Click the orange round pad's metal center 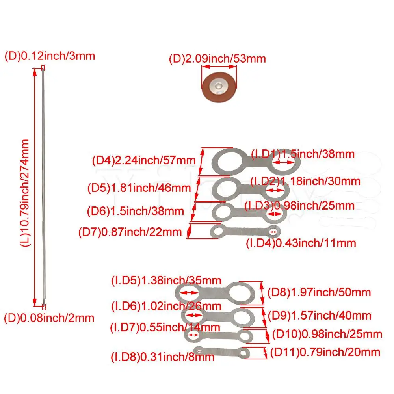coord(219,86)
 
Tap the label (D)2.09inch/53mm coord(217,59)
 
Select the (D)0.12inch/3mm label coord(50,56)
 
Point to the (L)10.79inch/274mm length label coord(25,193)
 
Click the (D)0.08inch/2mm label coord(49,318)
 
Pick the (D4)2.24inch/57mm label coord(144,160)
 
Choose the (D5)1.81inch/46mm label coord(139,188)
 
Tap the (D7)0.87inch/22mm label coord(130,232)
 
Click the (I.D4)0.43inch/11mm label coord(301,243)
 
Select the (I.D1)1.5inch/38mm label coord(303,154)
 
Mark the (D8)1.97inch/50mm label coord(319,292)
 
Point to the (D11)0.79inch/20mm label coord(325,352)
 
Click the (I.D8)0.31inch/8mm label coord(163,357)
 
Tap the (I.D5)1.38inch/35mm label coord(166,281)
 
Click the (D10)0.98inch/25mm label coord(327,334)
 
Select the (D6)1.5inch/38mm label coord(136,211)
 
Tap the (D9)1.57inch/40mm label coord(320,316)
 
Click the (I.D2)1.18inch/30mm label coord(306,181)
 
